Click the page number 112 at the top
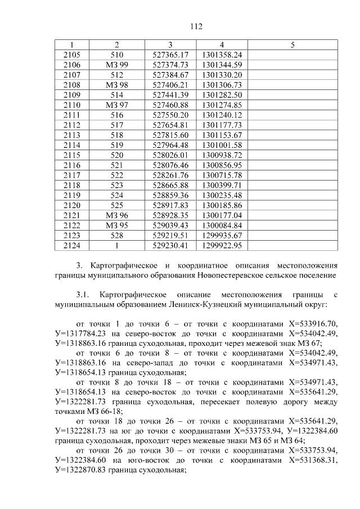click(x=196, y=27)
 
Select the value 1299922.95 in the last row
click(x=222, y=246)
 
